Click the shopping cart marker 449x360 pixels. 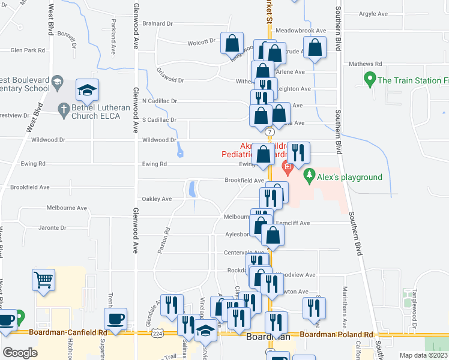44,279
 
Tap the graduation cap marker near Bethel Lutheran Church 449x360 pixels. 88,91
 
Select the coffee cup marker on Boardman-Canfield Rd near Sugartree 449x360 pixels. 115,319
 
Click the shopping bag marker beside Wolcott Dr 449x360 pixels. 232,43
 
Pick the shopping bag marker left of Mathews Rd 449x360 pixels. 315,48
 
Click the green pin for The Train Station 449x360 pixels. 370,79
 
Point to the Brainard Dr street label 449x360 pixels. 157,23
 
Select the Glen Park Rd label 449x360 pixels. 28,50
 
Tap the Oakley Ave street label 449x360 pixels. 157,199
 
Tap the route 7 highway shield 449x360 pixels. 271,131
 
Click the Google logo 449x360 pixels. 20,353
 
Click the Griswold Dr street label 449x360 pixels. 170,79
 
